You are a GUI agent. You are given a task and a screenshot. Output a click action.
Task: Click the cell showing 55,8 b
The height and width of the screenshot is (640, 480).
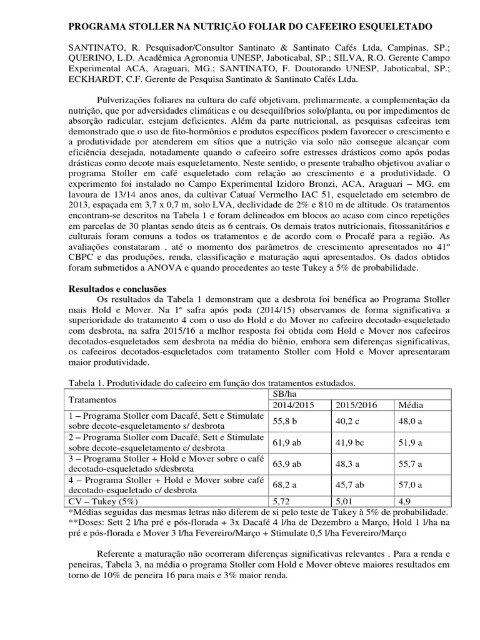[x=288, y=421]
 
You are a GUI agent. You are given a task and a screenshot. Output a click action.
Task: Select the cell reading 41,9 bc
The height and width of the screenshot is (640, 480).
[x=352, y=442]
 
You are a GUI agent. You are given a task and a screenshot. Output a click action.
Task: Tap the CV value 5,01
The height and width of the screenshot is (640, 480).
[x=346, y=501]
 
